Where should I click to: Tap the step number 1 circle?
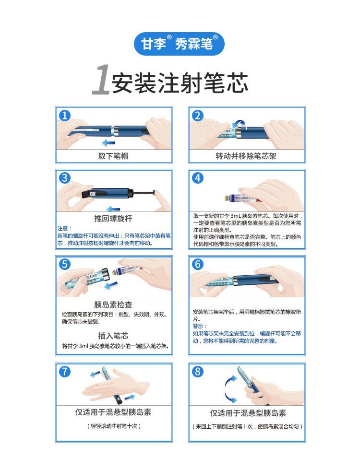point(64,115)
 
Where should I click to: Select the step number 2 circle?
point(197,115)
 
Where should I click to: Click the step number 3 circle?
point(64,178)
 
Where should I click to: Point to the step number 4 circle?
point(197,178)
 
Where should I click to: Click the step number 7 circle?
point(64,371)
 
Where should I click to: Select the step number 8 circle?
point(197,371)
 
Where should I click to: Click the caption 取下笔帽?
point(113,156)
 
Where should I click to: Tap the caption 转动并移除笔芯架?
point(246,156)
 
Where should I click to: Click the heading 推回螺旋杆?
point(113,218)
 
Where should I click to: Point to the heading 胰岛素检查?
point(113,305)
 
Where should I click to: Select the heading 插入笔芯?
point(113,336)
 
